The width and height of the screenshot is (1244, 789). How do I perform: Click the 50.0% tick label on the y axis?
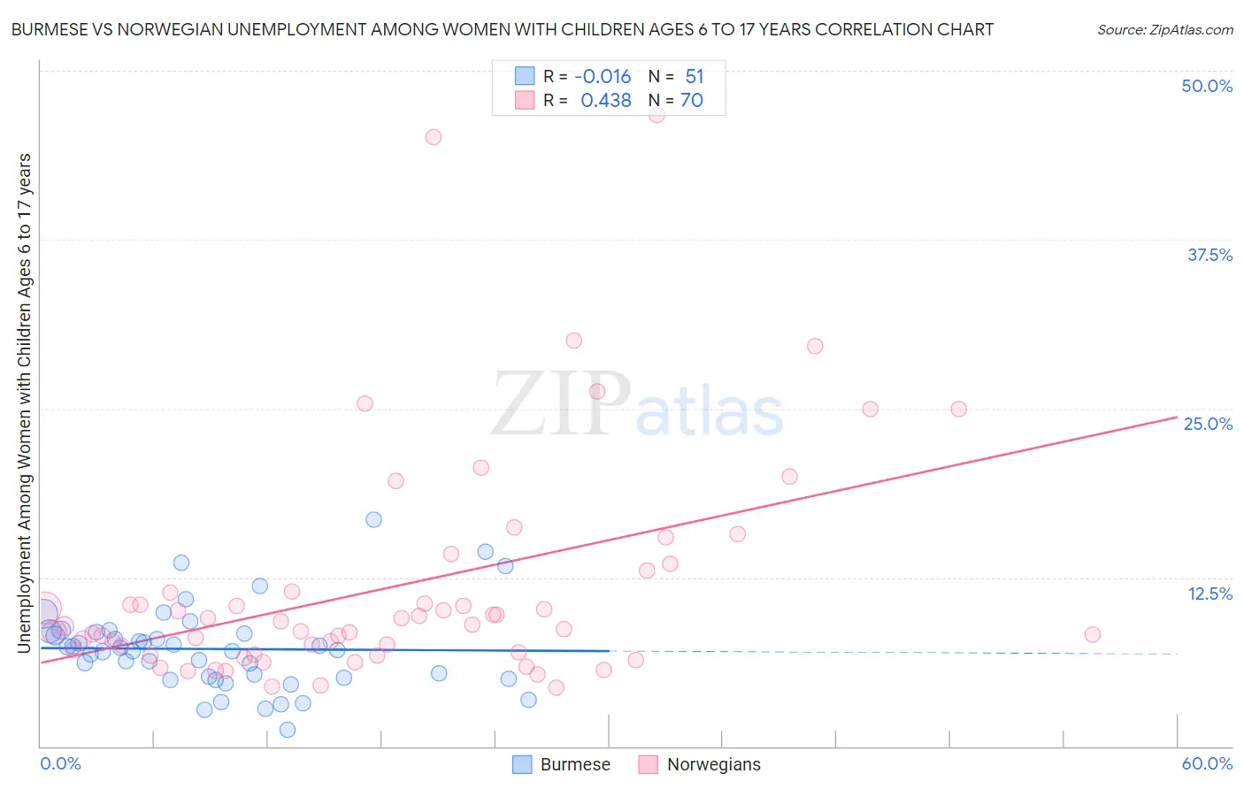(1207, 86)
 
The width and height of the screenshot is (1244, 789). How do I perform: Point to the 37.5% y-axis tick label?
(1209, 255)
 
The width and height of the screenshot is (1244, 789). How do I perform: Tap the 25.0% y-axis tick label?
(1208, 424)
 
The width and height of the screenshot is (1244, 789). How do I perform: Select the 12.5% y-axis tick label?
(1209, 594)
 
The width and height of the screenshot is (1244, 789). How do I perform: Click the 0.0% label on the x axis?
(60, 763)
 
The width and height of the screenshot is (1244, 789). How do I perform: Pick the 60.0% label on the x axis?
(1207, 763)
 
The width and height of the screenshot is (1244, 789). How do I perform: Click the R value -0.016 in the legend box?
(603, 77)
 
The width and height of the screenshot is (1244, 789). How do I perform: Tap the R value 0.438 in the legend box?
(605, 101)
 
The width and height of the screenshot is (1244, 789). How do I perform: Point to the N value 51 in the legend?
(695, 77)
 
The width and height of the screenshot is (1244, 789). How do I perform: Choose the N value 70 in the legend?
(692, 101)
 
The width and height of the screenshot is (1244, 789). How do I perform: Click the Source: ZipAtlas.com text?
(1164, 30)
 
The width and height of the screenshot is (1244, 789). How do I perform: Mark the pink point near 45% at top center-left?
(433, 137)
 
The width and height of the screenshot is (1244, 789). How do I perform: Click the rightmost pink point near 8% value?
(1092, 634)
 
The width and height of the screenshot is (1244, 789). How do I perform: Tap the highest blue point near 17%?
(373, 519)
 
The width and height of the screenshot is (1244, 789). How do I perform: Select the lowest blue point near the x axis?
(288, 730)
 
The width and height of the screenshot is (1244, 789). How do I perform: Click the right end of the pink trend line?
(1177, 416)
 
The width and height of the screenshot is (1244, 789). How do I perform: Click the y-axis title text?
(25, 402)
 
